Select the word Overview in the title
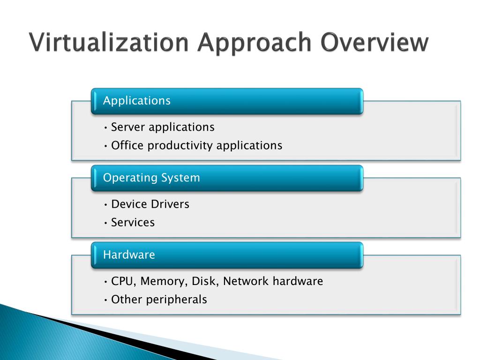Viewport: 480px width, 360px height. (375, 43)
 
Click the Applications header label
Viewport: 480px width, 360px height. (136, 101)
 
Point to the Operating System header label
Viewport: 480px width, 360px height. (151, 178)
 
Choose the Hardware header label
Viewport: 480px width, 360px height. (129, 255)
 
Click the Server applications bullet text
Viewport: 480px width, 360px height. (163, 127)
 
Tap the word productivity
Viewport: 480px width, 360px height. (180, 146)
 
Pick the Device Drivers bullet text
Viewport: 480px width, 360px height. (150, 204)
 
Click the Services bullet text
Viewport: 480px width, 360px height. (133, 223)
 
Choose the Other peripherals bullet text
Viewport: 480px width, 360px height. (159, 300)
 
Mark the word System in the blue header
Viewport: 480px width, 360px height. (180, 178)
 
